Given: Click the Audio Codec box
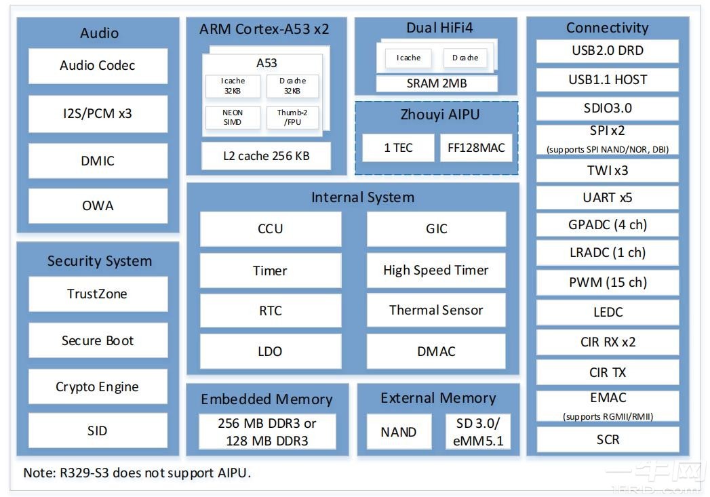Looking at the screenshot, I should (x=98, y=66).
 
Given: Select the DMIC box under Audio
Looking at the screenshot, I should (x=98, y=161).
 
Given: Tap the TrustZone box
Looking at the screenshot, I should (x=98, y=294).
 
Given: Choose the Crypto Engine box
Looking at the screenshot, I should (x=98, y=387).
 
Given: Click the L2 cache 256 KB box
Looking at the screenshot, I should (x=266, y=156).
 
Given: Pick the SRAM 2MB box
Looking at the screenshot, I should (x=437, y=83).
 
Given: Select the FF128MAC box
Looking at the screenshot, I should (x=476, y=147).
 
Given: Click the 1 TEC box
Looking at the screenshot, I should (x=398, y=147).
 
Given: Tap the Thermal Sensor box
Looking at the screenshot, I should (x=436, y=311).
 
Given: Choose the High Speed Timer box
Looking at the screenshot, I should (x=436, y=270).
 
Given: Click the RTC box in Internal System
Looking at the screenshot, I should (x=270, y=311).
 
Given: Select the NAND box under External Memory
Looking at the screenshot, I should (x=399, y=432).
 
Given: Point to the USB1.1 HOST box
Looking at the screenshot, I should (x=608, y=79).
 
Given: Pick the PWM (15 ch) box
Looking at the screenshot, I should (x=608, y=282).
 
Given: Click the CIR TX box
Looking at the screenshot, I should (x=608, y=372).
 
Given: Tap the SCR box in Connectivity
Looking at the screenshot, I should (x=608, y=439).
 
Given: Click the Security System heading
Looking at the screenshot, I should (x=99, y=261).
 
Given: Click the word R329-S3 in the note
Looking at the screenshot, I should (x=84, y=473).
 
